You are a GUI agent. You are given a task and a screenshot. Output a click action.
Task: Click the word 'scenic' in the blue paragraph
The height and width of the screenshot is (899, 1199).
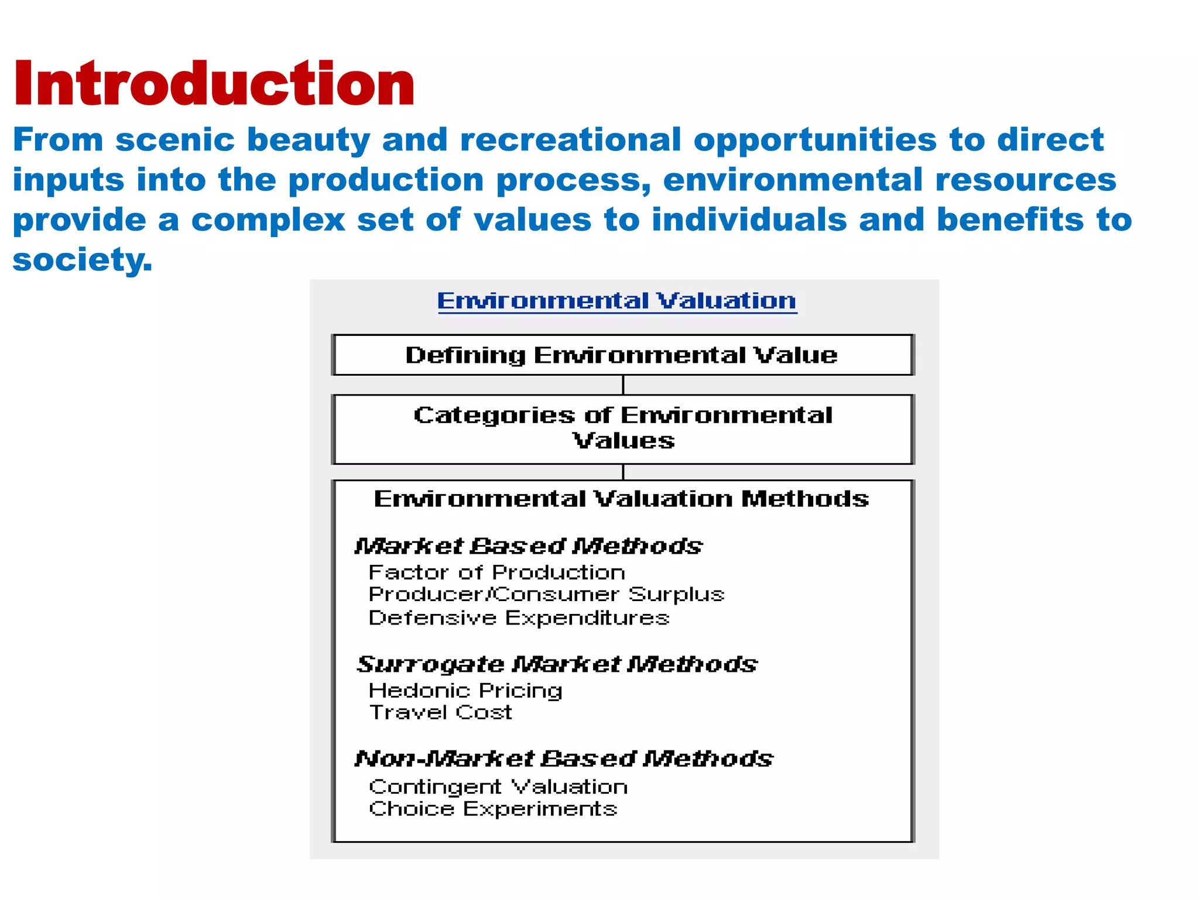[175, 140]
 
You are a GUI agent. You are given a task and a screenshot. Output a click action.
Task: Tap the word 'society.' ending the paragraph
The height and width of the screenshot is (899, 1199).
[83, 260]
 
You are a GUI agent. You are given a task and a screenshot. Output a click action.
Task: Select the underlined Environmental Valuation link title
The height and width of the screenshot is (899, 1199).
[616, 301]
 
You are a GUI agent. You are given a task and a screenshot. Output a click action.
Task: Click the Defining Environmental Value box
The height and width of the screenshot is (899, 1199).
[622, 355]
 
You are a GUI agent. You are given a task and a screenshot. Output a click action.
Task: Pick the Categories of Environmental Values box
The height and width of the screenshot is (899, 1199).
[623, 428]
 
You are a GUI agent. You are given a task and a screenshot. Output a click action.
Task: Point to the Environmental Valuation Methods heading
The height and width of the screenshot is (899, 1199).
[621, 499]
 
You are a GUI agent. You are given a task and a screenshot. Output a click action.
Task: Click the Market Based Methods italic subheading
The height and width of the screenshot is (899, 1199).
[528, 546]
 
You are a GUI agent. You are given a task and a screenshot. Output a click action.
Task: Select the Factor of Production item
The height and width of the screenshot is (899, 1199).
[496, 572]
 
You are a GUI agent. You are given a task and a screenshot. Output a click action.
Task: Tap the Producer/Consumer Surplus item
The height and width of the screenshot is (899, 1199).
[546, 595]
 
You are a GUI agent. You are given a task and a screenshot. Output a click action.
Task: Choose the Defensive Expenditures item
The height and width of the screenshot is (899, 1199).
[519, 618]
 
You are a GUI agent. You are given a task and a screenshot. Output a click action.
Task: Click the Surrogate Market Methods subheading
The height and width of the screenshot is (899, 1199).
[557, 664]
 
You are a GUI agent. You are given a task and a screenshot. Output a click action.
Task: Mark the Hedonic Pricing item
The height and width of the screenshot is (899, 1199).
[465, 691]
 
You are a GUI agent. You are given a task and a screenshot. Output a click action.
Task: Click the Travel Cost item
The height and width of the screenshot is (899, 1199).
[440, 712]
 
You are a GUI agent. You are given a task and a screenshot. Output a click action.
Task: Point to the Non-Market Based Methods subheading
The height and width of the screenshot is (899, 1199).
[564, 759]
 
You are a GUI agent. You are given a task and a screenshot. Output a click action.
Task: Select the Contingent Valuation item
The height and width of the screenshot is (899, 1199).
[498, 787]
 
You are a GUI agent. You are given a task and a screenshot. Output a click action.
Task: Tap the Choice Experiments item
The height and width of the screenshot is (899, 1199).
[493, 809]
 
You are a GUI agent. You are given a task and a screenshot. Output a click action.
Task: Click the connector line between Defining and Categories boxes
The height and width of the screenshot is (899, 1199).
[623, 385]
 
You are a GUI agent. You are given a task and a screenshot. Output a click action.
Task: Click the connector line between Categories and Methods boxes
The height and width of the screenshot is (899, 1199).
[623, 472]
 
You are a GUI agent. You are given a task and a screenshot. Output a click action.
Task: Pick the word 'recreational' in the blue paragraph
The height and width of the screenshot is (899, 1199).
[571, 140]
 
